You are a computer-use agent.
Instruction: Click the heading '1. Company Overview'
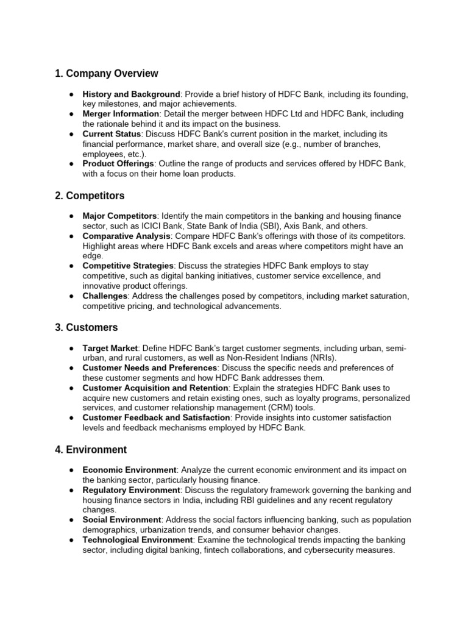[106, 74]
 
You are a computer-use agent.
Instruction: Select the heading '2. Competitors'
[90, 196]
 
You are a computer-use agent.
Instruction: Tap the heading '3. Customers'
[87, 327]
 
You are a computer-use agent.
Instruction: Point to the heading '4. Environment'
[91, 450]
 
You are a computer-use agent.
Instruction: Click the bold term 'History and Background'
[131, 94]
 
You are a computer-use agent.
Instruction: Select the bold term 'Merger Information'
[121, 114]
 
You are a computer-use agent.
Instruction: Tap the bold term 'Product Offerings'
[118, 164]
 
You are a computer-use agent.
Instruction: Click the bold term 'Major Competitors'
[119, 216]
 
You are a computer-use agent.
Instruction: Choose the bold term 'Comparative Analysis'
[126, 236]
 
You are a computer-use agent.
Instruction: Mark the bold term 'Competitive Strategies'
[128, 266]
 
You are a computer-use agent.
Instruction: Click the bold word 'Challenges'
[105, 296]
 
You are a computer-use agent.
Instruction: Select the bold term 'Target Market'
[110, 348]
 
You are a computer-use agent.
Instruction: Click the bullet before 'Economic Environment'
[72, 470]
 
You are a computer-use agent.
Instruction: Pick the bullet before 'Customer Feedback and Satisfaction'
[72, 417]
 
